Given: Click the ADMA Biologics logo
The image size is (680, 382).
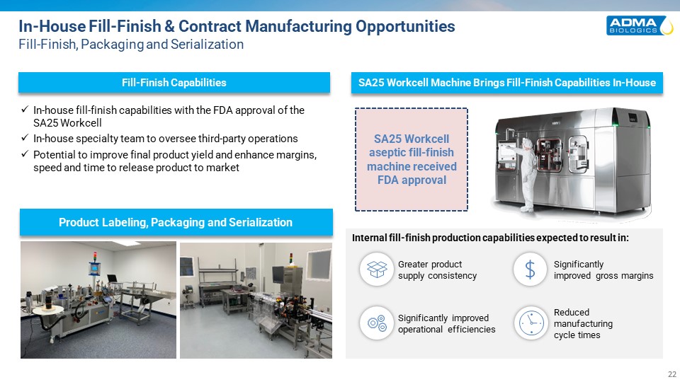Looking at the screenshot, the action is [639, 25].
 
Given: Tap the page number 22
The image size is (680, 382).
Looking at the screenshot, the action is [671, 374].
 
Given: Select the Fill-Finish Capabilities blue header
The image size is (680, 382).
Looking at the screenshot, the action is [174, 82].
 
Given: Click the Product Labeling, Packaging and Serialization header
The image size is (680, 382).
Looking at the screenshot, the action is [176, 222].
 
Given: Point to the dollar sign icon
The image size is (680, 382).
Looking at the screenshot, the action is [530, 270].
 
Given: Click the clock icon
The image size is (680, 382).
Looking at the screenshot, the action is [531, 323].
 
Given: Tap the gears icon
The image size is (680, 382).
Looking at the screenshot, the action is [376, 323].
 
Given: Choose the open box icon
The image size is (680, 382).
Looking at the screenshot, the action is [376, 270].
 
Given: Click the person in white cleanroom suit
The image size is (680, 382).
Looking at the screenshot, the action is [526, 173].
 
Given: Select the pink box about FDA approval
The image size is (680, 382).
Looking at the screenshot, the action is [411, 159].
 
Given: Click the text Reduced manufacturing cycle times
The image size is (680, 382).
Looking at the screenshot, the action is [583, 323].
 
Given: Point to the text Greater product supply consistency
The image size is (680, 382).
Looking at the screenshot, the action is [437, 270].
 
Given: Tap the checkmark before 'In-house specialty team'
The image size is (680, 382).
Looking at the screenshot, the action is [25, 138].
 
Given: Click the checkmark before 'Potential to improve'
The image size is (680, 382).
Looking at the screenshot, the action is [25, 154].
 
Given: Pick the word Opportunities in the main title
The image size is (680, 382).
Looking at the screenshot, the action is [405, 26].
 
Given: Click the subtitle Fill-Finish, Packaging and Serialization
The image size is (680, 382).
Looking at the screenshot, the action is [131, 44].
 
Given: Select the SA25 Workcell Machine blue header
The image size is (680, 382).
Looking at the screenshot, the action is [507, 82].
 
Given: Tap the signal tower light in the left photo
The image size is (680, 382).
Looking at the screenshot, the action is [95, 257].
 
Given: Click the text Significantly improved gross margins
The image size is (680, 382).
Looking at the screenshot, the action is [603, 270].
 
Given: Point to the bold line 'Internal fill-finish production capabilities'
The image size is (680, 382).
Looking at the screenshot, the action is [490, 238].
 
